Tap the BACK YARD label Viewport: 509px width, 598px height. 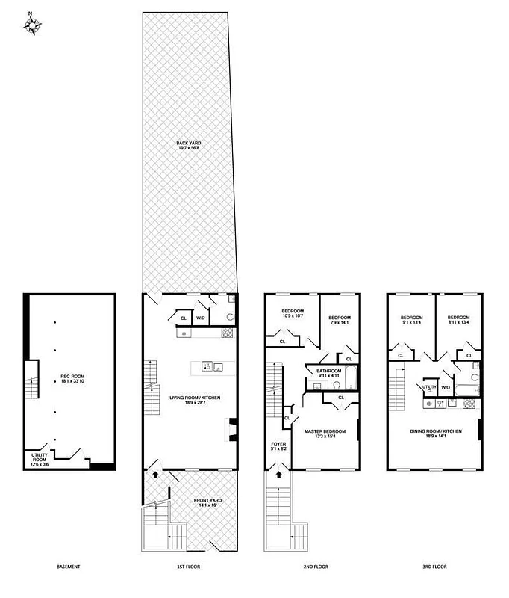point(189,142)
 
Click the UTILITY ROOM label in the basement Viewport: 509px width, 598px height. point(40,457)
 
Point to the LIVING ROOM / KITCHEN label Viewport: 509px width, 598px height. point(193,398)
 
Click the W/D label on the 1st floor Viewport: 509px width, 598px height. point(201,318)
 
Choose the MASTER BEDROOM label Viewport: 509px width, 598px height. point(324,431)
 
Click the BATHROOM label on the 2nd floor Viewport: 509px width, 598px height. point(328,371)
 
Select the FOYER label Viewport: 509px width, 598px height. point(278,444)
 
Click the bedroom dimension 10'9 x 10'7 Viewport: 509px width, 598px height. point(291,315)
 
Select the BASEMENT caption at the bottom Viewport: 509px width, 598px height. point(68,567)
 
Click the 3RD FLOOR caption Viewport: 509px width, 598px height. point(435,567)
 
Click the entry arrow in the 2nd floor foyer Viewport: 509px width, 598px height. point(279,473)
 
